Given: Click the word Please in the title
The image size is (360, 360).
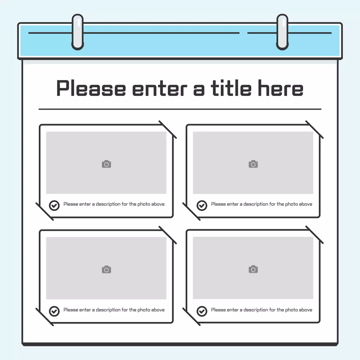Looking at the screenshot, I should coord(91,89).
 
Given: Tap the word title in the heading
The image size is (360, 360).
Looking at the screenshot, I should coord(231,88).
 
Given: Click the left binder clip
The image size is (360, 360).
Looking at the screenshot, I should coord(78,32).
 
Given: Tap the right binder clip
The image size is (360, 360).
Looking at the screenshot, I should coord(282,32).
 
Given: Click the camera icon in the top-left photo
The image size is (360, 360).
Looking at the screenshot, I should coord(106,164).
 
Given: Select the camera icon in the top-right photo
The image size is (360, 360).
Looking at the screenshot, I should coord(253,164).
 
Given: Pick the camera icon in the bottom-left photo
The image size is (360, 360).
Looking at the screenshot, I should coord(106,270).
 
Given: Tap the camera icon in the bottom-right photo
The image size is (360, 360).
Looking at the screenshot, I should coord(253,269).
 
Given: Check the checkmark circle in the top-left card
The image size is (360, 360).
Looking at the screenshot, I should coord(54,206).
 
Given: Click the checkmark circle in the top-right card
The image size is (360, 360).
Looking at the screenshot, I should coord(202,206).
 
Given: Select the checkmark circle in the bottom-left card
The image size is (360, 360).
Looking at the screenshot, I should coord(54,311).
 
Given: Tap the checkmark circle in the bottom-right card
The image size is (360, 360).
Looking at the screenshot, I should coord(202,311).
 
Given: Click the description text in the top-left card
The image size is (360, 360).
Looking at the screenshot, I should coord(114,204).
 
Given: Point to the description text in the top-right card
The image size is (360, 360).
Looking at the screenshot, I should coord(262,204).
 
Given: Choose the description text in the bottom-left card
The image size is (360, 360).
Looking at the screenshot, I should coord(114,310).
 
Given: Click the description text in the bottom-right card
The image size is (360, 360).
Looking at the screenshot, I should coord(262,310).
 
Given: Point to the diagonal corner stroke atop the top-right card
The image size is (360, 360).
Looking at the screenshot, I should coord(314,130).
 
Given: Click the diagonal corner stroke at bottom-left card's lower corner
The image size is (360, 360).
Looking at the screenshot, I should coord(44,317).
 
